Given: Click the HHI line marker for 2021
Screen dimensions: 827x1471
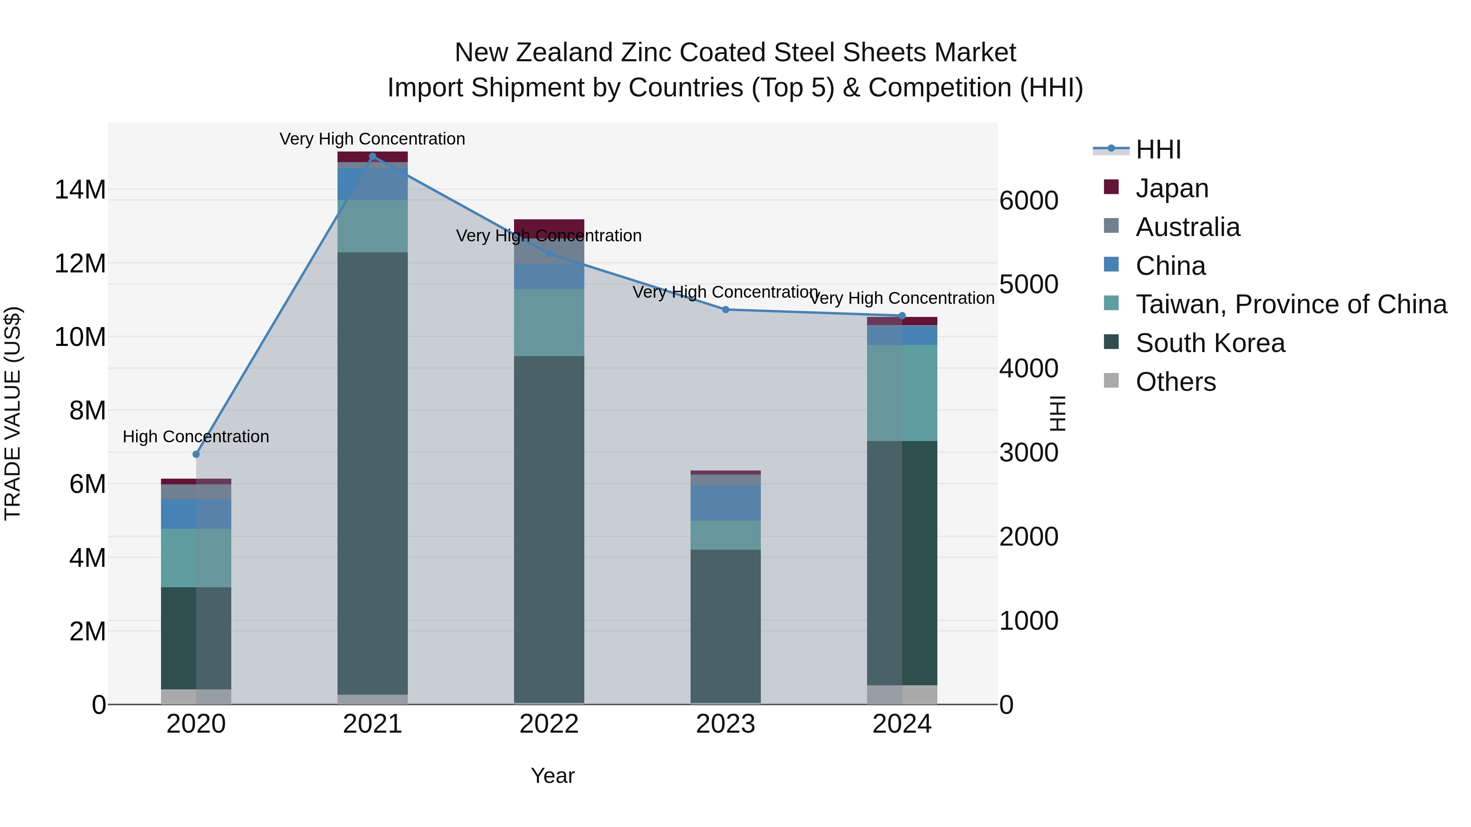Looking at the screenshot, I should click(x=372, y=156).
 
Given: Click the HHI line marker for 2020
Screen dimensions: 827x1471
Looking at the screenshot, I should click(x=196, y=454).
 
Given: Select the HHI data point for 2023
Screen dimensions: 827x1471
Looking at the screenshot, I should click(x=726, y=309).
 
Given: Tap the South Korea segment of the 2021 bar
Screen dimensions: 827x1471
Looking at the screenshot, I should click(x=372, y=474).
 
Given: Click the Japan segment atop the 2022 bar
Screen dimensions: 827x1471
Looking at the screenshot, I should click(x=549, y=225).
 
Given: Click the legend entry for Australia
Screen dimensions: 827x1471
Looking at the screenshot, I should click(x=1188, y=227).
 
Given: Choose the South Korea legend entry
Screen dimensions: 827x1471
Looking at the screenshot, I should click(x=1210, y=343).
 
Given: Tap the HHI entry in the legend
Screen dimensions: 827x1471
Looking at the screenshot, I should click(x=1158, y=149).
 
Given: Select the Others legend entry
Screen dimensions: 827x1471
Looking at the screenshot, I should click(x=1176, y=382).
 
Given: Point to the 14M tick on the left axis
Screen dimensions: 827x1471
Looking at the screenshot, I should click(x=80, y=189).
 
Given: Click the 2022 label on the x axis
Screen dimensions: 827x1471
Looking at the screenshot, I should click(x=549, y=724).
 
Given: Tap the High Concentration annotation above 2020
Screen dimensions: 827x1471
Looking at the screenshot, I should click(x=196, y=437).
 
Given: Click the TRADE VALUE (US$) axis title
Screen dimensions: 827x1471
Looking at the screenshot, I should click(x=13, y=413).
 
